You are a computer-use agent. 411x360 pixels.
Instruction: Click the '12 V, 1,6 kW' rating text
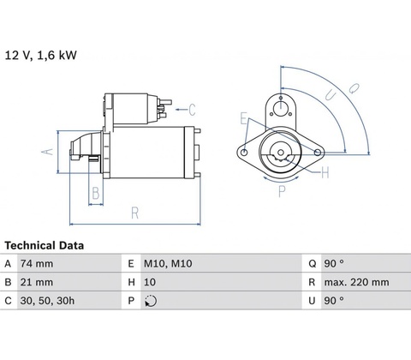tap(41, 55)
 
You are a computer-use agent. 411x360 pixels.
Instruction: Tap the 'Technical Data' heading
tap(45, 245)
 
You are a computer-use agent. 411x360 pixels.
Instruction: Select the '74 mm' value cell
tap(37, 263)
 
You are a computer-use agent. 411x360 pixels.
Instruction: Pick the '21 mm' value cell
tap(37, 282)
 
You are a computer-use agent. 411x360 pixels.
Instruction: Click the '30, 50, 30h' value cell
tap(47, 301)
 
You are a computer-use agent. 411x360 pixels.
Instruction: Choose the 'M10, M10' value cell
tap(168, 263)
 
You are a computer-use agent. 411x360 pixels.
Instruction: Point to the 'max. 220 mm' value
tap(356, 282)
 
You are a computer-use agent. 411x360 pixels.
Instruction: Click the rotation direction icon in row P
tap(151, 301)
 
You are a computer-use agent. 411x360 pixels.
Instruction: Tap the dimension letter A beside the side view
tap(47, 152)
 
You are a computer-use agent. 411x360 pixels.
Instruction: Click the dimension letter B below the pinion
tap(96, 193)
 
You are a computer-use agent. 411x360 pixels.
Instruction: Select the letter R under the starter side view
tap(134, 213)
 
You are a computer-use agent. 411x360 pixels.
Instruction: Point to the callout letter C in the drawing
tap(192, 110)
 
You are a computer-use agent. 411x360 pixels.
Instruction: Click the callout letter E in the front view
tap(243, 118)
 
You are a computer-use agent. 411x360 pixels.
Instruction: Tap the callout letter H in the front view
tap(325, 172)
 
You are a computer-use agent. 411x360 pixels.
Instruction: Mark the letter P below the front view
tap(282, 191)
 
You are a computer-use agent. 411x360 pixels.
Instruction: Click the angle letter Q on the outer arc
tap(354, 88)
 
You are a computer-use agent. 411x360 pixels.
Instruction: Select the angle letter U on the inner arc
tap(331, 95)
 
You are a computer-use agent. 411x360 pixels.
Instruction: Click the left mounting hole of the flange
tap(244, 153)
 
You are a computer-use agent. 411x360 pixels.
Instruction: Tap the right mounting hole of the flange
tap(318, 153)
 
